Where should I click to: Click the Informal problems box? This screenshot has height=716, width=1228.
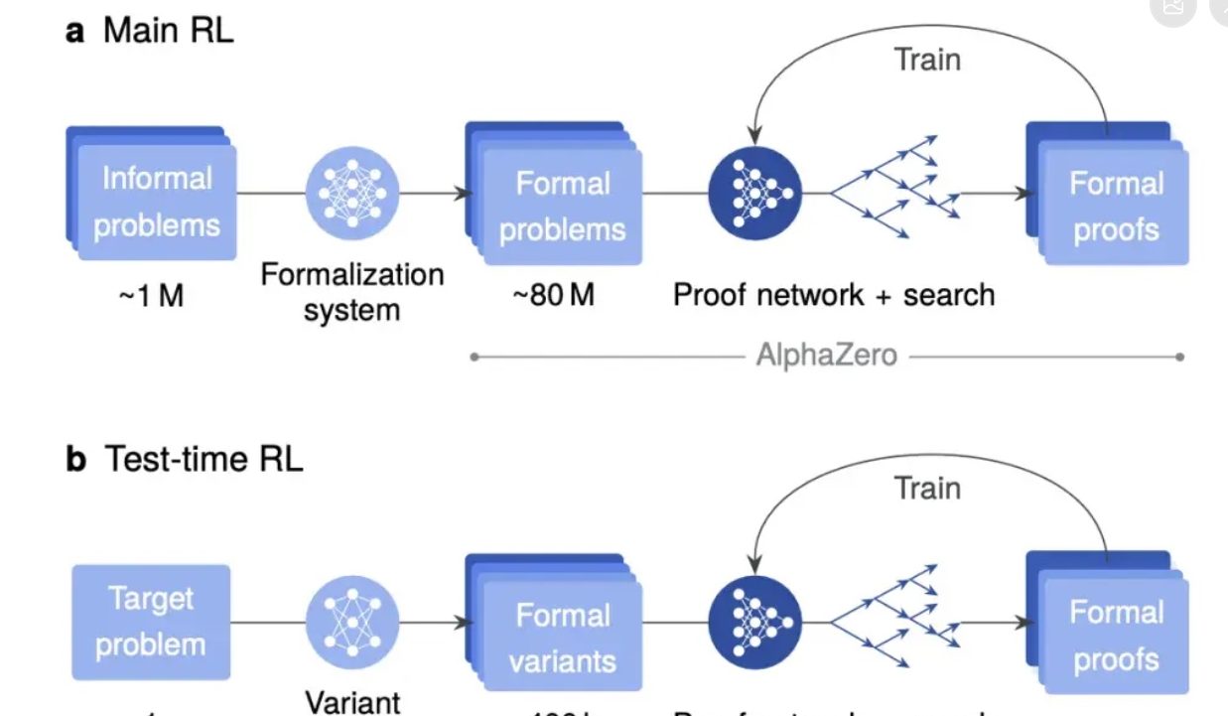tap(156, 203)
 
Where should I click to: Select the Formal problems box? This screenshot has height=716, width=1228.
tap(562, 207)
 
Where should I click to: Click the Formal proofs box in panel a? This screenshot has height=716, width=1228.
tap(1114, 207)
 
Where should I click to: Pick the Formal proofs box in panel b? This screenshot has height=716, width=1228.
tap(1114, 636)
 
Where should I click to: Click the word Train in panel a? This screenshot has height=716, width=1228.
tap(927, 60)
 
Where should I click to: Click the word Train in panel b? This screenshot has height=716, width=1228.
tap(927, 488)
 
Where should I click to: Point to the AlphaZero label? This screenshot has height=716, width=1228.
tap(826, 355)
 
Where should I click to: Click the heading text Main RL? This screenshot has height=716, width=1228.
tap(168, 31)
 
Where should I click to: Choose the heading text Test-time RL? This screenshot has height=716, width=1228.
tap(202, 461)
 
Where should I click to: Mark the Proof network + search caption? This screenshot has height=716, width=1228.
tap(834, 295)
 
